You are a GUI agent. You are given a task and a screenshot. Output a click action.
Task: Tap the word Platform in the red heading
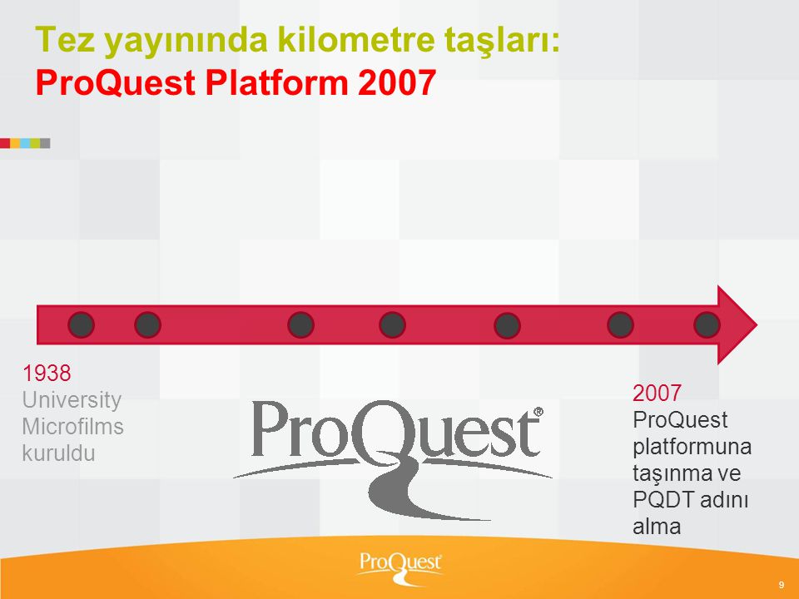tap(276, 82)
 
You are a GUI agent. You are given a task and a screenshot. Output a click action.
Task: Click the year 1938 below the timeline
tap(47, 374)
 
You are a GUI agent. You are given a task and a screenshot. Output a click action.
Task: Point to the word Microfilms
tap(73, 426)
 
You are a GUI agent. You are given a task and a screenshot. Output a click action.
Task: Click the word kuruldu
tap(58, 453)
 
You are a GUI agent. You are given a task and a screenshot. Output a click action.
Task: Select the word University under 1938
tap(72, 400)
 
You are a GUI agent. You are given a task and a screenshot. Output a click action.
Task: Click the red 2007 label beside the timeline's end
tap(657, 394)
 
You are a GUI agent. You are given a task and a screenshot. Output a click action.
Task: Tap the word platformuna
tap(692, 448)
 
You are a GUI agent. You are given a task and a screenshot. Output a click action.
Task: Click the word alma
tap(657, 526)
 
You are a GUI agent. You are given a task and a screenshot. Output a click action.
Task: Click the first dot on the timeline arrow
tap(81, 325)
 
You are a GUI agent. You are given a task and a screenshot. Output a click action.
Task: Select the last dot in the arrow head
tap(707, 325)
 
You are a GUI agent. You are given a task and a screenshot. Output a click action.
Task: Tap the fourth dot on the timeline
tap(392, 325)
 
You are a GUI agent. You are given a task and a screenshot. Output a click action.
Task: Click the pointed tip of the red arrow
tap(757, 325)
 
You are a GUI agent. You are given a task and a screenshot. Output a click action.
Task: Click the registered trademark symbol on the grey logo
tap(538, 412)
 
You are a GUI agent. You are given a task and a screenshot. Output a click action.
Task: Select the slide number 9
tap(782, 585)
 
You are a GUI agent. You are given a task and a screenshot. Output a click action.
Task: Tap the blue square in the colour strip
tap(25, 143)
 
